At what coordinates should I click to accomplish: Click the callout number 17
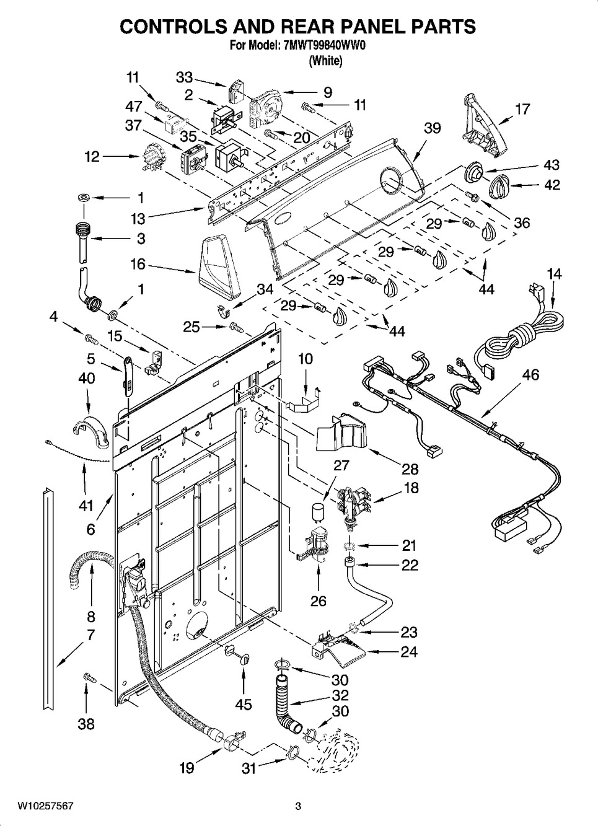[x=522, y=109]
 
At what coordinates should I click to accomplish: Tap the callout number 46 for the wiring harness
[x=530, y=374]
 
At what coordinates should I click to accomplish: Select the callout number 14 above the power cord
[x=554, y=274]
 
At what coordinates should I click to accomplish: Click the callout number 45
[x=244, y=705]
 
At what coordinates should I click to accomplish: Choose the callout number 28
[x=410, y=469]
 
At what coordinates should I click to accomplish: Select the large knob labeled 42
[x=499, y=185]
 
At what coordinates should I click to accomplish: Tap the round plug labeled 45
[x=238, y=654]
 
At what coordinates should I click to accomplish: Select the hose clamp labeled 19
[x=227, y=740]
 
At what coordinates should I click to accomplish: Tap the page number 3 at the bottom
[x=298, y=806]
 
